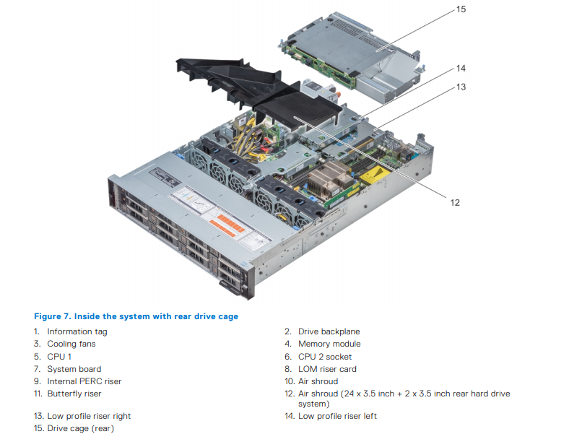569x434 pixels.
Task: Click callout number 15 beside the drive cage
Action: pos(461,9)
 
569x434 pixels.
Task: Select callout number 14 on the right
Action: pos(461,69)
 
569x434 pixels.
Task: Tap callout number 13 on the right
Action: pos(461,87)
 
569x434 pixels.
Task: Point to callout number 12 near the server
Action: pos(455,203)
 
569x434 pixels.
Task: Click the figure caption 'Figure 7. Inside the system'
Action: pos(136,316)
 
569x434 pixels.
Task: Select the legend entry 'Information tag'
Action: pos(77,331)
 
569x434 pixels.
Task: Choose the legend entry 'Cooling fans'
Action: pos(71,344)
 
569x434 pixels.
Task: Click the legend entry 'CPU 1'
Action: pos(59,357)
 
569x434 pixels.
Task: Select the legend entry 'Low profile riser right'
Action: pos(89,416)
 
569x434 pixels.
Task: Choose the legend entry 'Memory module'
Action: pos(329,344)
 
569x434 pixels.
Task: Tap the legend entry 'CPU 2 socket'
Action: pos(325,357)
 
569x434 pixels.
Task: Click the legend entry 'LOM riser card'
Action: pos(328,369)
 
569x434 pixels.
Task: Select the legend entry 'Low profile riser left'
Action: pos(337,416)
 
